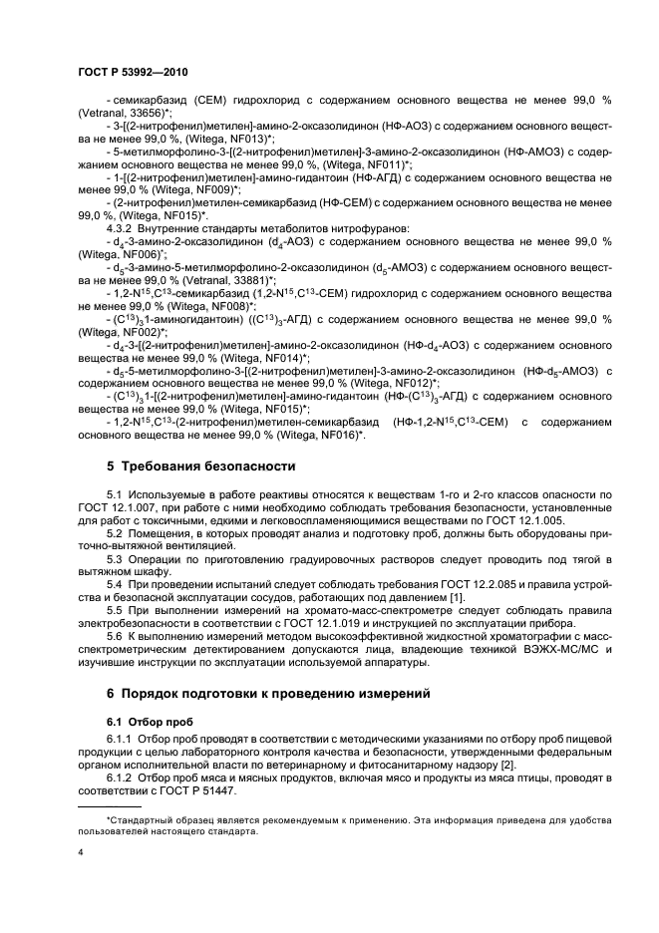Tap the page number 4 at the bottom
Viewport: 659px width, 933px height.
click(x=81, y=853)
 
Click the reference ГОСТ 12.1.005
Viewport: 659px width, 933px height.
click(x=533, y=520)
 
